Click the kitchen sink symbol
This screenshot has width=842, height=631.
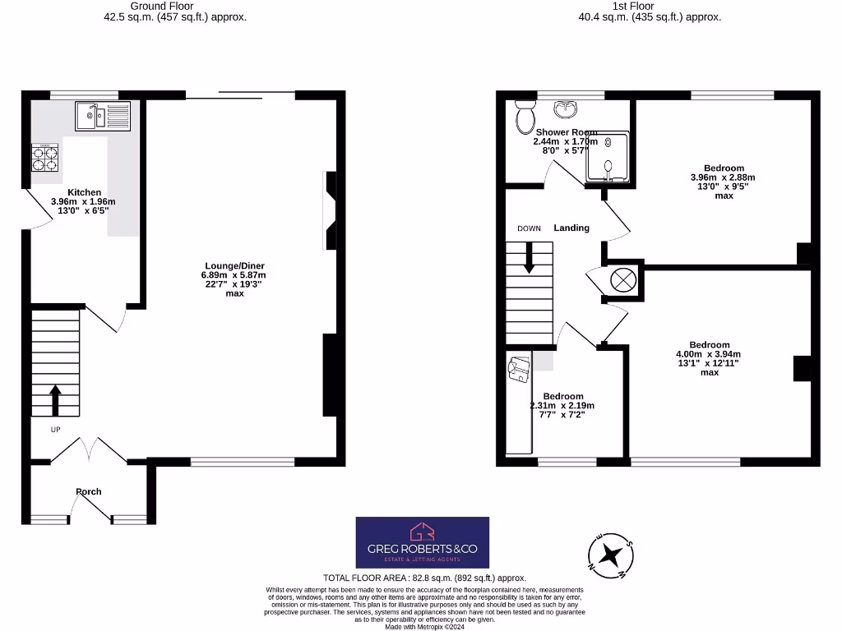[103, 116]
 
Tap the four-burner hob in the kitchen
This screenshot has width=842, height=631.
[45, 158]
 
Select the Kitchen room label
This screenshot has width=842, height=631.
[85, 192]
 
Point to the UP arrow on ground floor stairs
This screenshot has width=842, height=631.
[55, 402]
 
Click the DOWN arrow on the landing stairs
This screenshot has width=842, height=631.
[529, 259]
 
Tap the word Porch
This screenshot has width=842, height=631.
[89, 491]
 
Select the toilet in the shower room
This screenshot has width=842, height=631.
[524, 117]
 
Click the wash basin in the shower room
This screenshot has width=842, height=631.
[565, 109]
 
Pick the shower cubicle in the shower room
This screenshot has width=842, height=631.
[607, 157]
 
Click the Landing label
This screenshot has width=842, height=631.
[571, 228]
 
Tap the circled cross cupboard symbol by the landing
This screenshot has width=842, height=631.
[623, 279]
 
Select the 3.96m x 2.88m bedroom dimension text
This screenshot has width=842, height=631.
[724, 177]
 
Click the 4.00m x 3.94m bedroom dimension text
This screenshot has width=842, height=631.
[710, 354]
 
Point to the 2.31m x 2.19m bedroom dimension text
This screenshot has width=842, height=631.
[562, 406]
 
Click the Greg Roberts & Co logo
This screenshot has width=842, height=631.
[422, 542]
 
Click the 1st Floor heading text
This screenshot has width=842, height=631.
[650, 6]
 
